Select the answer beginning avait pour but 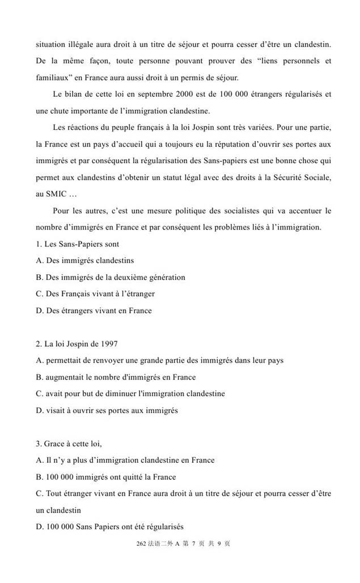(130, 393)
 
